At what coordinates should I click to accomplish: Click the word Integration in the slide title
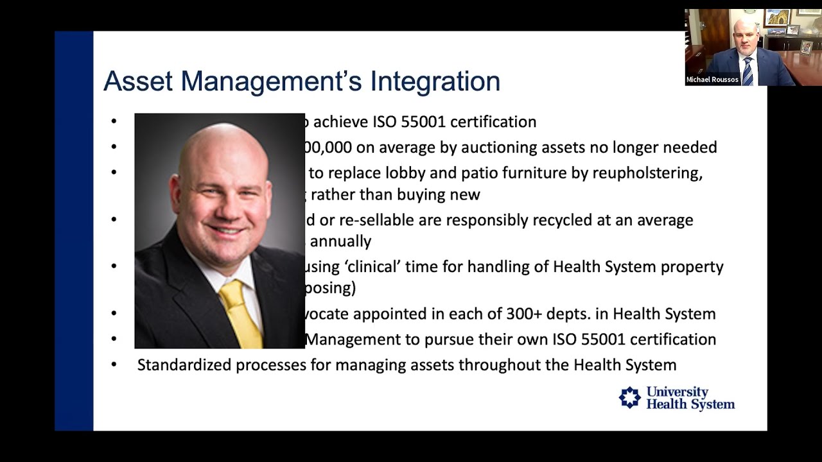pos(435,81)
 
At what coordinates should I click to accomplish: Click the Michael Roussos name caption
pos(712,80)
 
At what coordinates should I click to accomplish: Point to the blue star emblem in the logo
pos(629,398)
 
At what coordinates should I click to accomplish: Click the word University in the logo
pos(677,391)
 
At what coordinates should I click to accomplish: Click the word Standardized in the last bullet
pos(184,365)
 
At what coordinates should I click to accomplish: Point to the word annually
pos(341,241)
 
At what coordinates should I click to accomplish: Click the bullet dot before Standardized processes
pos(114,365)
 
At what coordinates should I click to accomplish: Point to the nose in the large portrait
pos(225,205)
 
